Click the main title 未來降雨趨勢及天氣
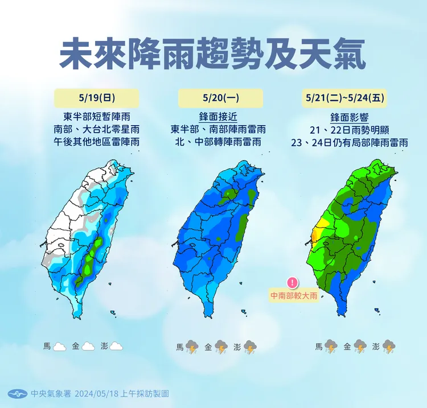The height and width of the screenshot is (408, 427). click(213, 54)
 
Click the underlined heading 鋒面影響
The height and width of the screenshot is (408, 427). click(350, 118)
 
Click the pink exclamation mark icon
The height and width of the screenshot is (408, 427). click(293, 282)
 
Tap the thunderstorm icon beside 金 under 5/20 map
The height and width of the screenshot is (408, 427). click(220, 346)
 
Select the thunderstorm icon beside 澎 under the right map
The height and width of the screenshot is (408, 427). click(389, 346)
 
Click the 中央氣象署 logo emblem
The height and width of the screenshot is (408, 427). click(18, 394)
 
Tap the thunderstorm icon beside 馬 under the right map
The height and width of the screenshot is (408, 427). click(331, 346)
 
